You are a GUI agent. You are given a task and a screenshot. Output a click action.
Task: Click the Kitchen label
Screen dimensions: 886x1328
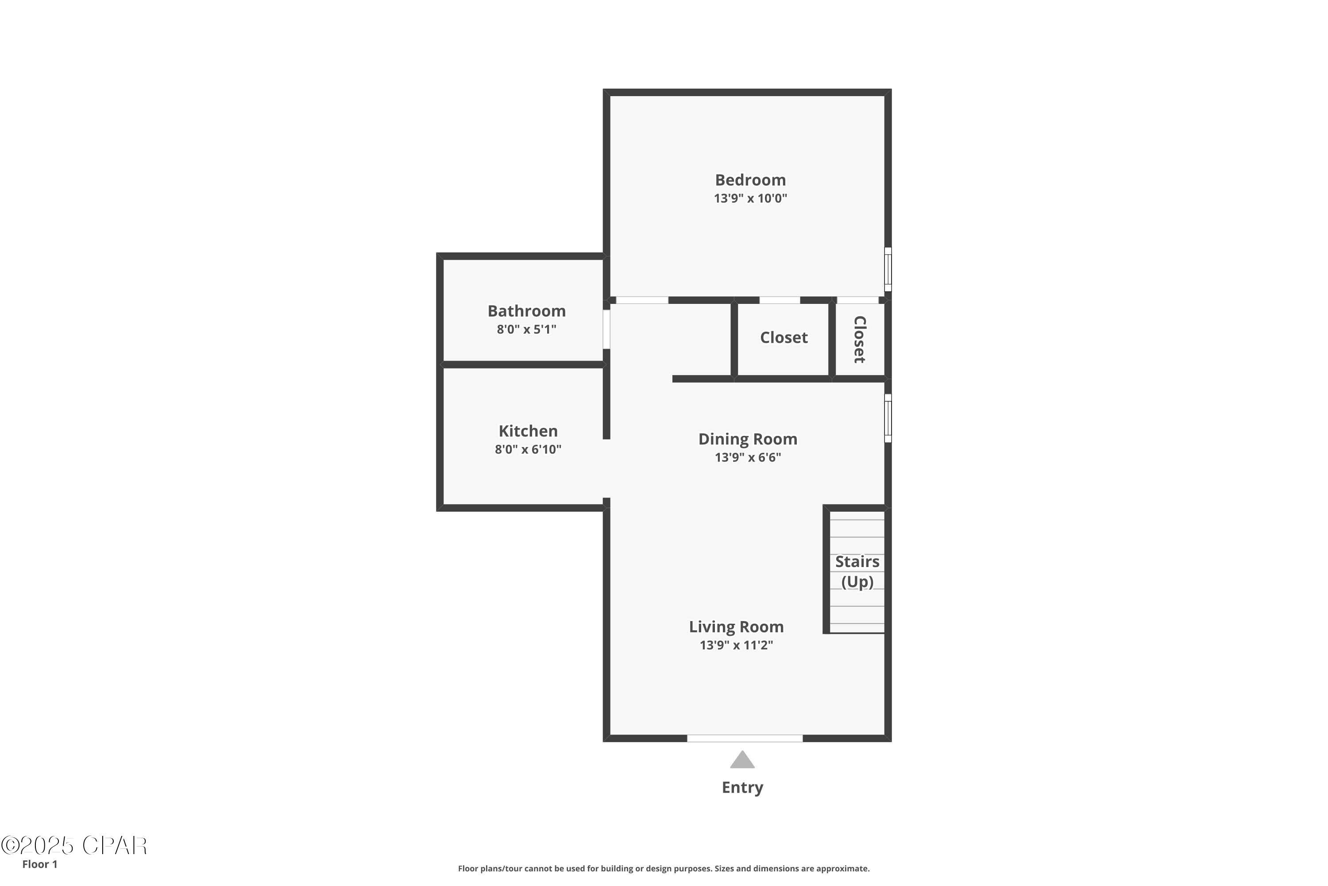pyautogui.click(x=528, y=431)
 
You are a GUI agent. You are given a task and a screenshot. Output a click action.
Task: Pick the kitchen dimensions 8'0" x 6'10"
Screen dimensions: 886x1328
pyautogui.click(x=528, y=450)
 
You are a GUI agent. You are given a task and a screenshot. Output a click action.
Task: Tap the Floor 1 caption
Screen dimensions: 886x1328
pyautogui.click(x=39, y=864)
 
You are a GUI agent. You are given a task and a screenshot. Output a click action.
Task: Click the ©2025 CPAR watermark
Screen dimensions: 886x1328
pyautogui.click(x=74, y=845)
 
